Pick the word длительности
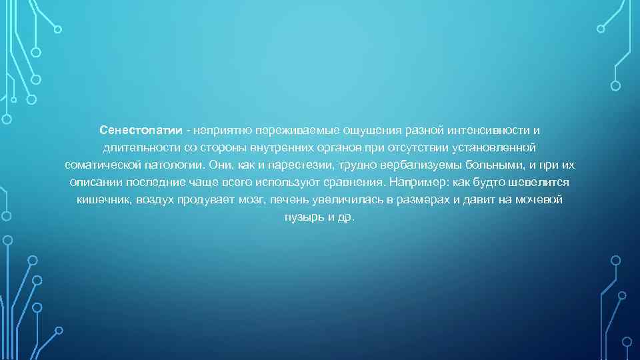click(x=133, y=146)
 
